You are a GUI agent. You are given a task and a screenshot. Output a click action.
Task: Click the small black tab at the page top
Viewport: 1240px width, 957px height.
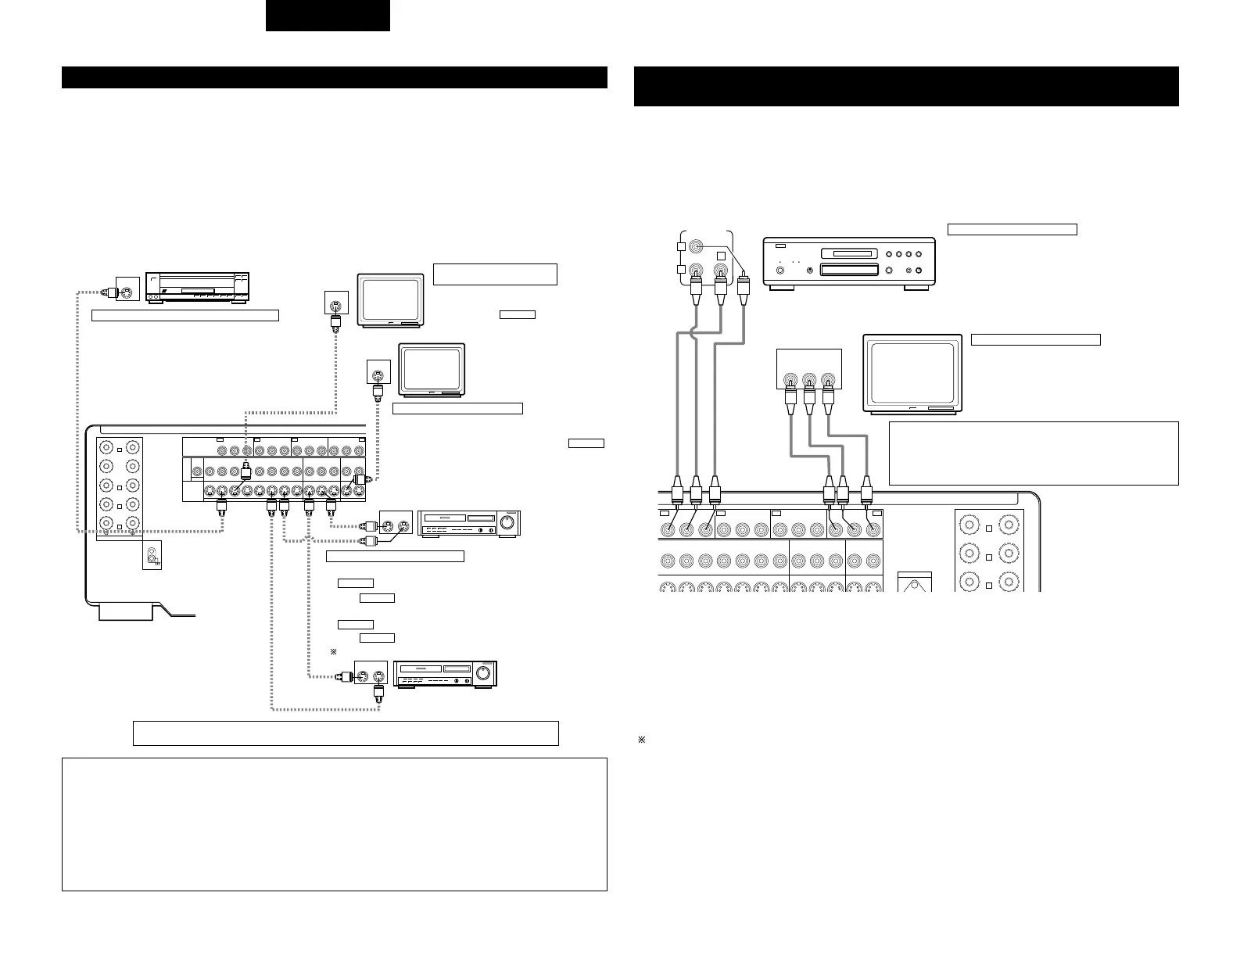pos(328,16)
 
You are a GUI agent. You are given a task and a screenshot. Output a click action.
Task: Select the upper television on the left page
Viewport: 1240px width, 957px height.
pos(390,299)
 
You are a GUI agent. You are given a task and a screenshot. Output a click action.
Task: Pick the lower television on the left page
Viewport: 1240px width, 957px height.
pos(432,370)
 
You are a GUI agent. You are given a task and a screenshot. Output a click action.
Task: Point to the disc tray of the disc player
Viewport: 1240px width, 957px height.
pos(848,271)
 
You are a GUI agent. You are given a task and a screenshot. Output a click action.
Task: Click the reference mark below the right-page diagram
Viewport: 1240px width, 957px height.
pos(641,740)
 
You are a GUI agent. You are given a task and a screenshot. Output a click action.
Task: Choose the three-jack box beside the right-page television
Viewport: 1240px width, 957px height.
pos(809,369)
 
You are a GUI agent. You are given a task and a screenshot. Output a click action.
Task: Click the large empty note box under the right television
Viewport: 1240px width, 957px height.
pos(1034,453)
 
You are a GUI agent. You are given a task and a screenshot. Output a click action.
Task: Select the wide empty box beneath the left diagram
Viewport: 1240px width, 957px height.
pos(346,733)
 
